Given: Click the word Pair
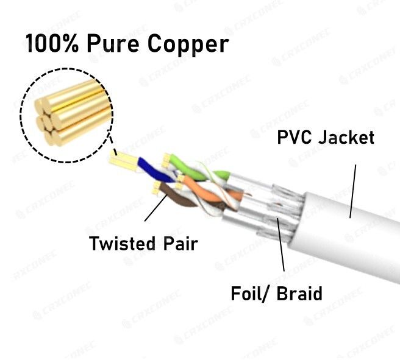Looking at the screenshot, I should [180, 244].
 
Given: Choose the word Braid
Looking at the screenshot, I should [299, 294].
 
